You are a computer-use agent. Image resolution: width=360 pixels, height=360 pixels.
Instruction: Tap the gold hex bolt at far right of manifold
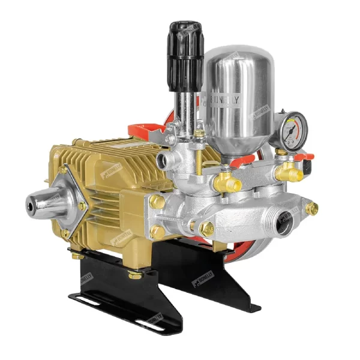(x=311, y=208)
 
